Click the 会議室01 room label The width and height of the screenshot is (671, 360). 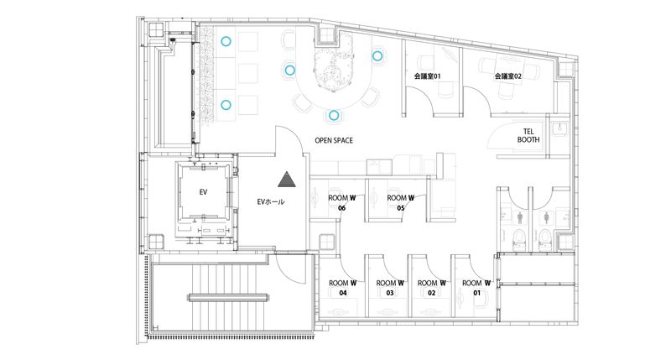(428, 76)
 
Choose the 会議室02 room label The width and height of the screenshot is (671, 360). (508, 76)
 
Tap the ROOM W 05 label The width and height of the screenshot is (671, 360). (401, 203)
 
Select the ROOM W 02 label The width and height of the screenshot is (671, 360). (431, 288)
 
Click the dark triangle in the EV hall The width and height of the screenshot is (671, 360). (288, 180)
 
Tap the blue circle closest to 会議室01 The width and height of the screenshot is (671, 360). (377, 56)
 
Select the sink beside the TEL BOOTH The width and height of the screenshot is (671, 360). (564, 130)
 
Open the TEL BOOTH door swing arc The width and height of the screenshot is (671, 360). (509, 139)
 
